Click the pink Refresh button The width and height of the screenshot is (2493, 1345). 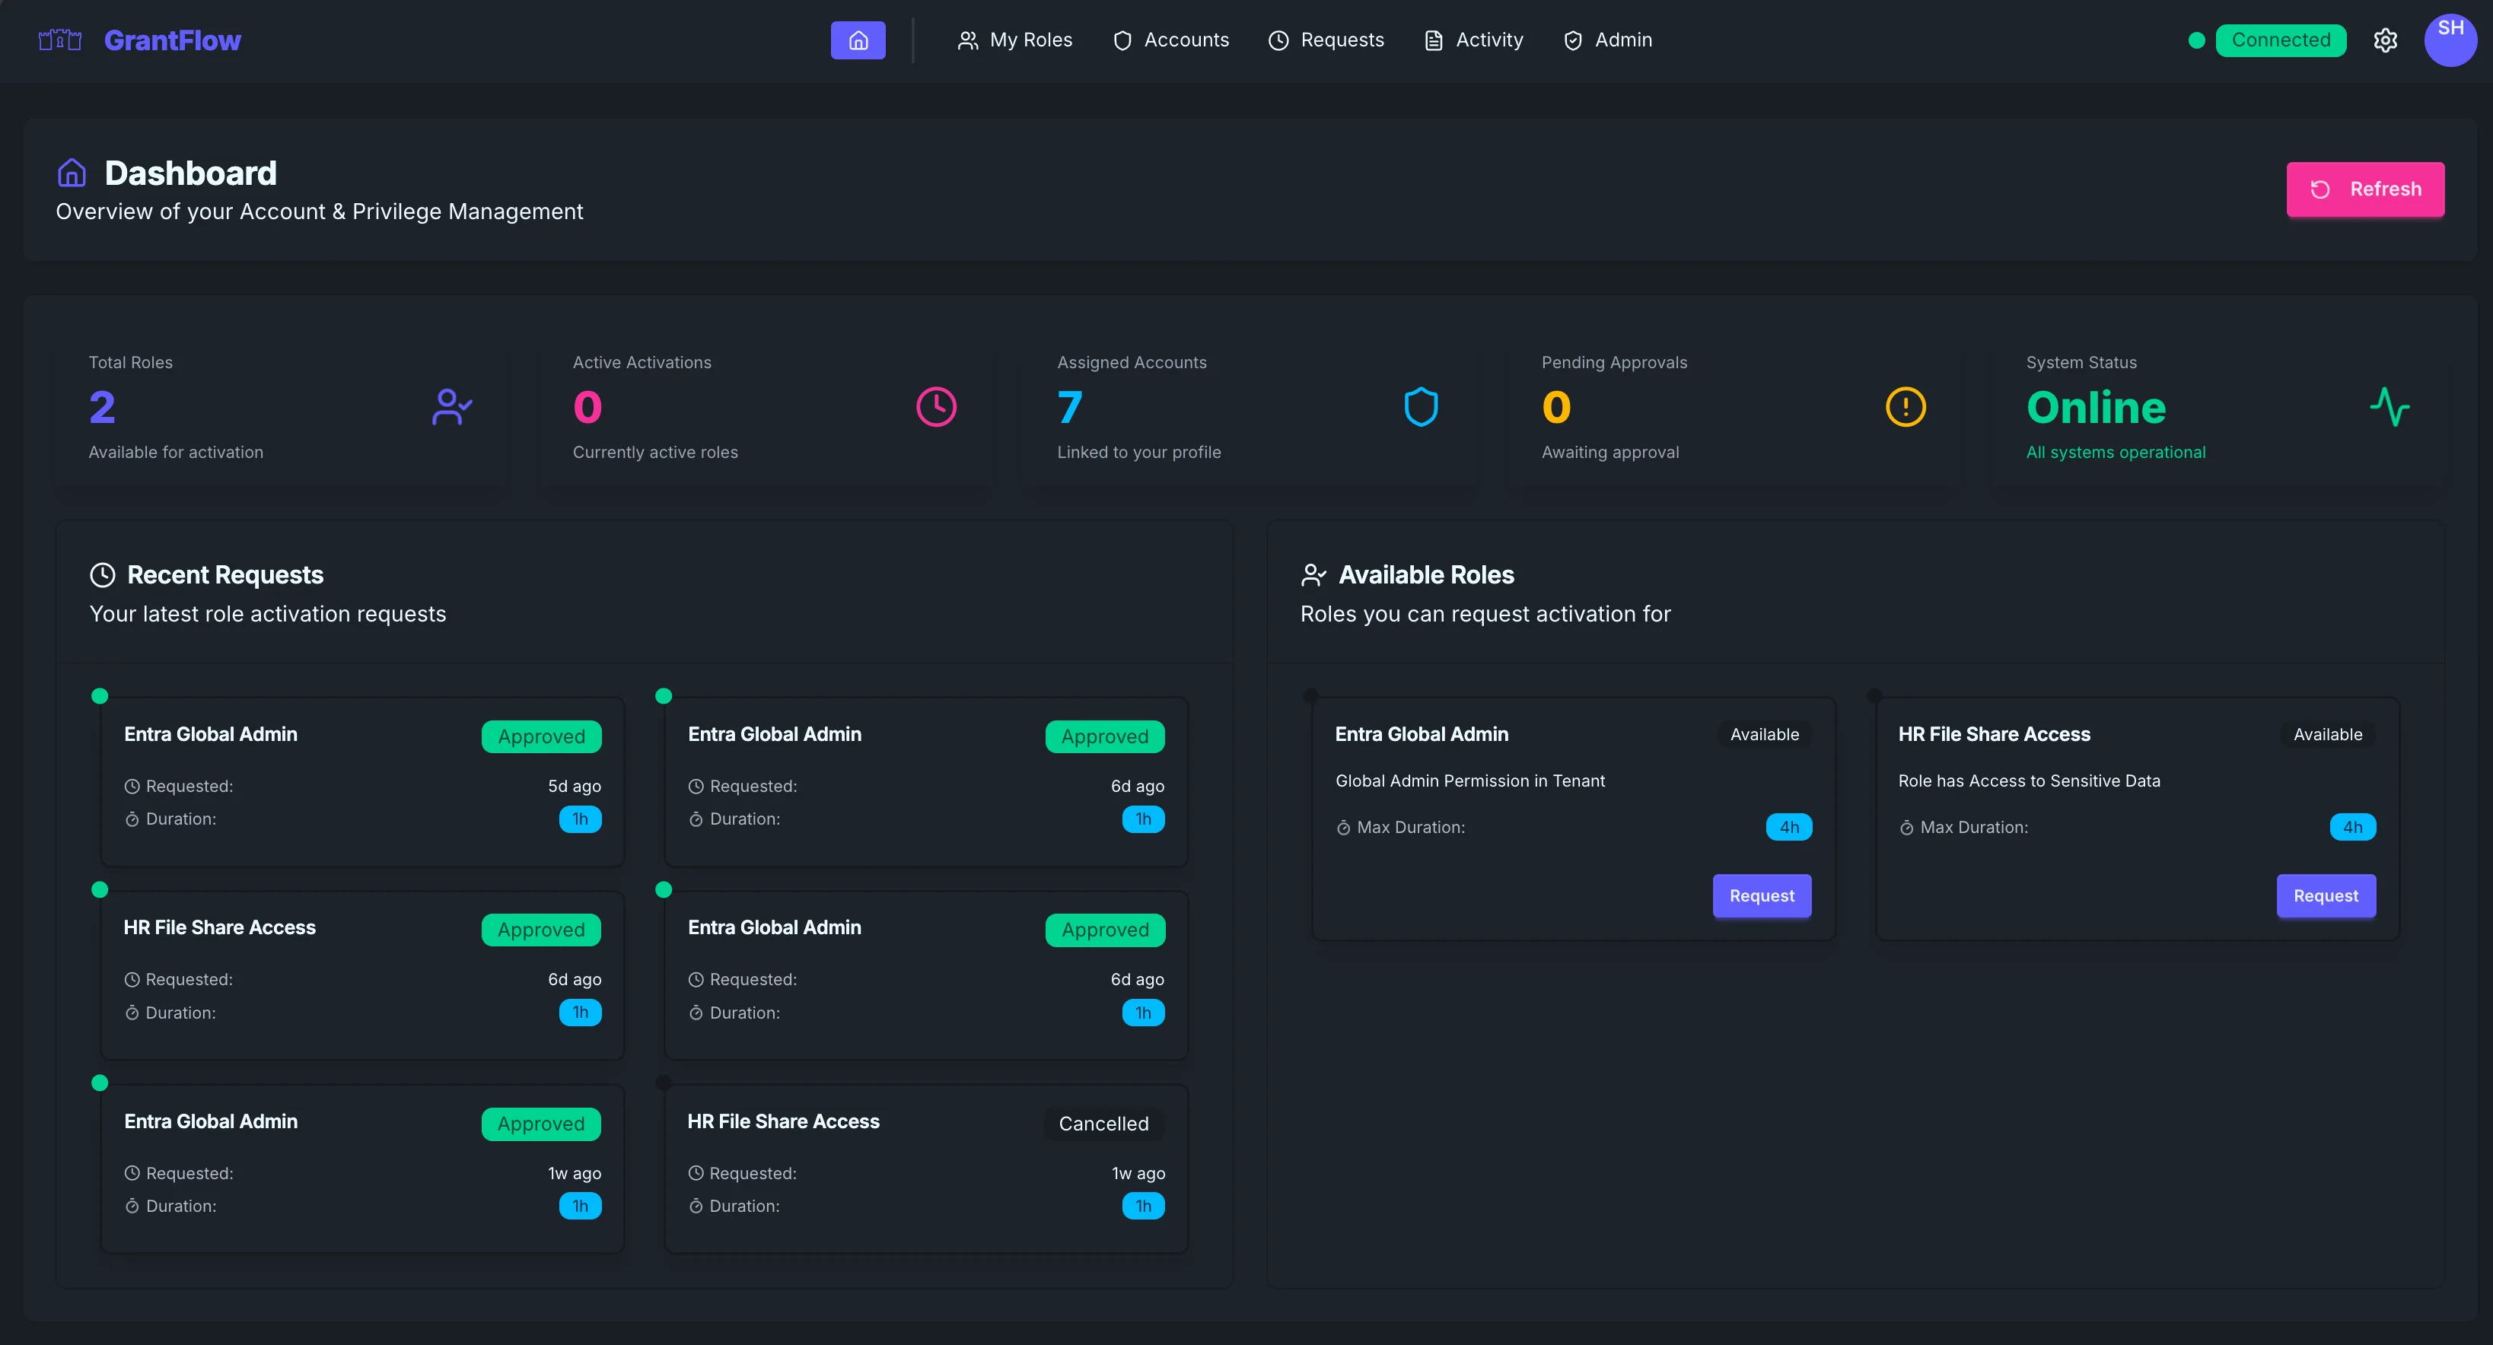(x=2364, y=189)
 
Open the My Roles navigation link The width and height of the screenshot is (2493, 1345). (x=1015, y=40)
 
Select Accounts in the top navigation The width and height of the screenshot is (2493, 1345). (x=1171, y=40)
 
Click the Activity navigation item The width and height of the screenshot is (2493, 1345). (x=1474, y=40)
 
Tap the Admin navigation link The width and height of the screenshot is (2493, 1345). (x=1609, y=40)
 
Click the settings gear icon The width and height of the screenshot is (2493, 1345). (x=2385, y=40)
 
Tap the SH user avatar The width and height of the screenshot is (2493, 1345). (x=2450, y=40)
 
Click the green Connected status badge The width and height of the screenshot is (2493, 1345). (x=2280, y=40)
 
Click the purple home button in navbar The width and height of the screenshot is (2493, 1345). (x=858, y=40)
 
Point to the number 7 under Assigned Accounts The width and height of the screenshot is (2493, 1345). (x=1069, y=407)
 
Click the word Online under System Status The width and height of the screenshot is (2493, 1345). (x=2095, y=407)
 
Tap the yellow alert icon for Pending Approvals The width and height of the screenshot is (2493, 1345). (x=1905, y=407)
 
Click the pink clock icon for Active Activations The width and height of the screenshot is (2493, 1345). (x=936, y=407)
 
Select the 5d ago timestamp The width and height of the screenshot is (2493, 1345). (x=574, y=787)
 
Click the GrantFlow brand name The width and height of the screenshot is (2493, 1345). (x=172, y=40)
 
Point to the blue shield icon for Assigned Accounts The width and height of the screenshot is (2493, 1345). (x=1421, y=407)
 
